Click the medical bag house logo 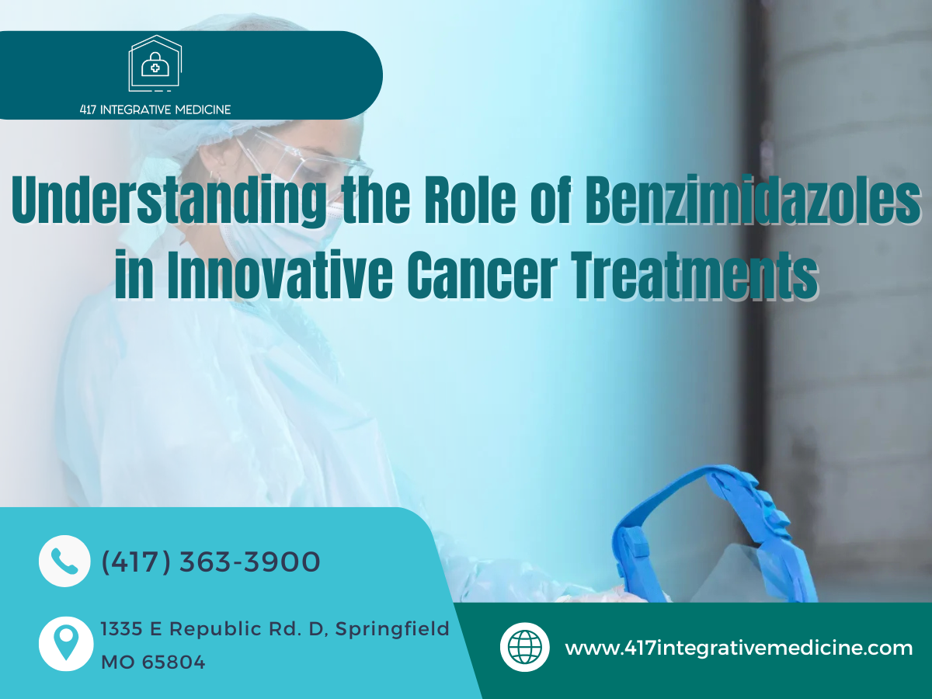click(155, 63)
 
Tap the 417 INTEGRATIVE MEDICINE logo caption click(155, 110)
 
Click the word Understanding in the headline click(169, 200)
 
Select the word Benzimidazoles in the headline click(753, 199)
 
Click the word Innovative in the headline click(280, 274)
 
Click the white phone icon click(64, 561)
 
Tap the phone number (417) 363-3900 click(210, 562)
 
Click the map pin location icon click(66, 643)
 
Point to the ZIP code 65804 click(173, 662)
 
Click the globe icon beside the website click(525, 647)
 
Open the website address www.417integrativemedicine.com click(739, 648)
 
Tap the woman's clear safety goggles click(297, 159)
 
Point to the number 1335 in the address click(121, 629)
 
